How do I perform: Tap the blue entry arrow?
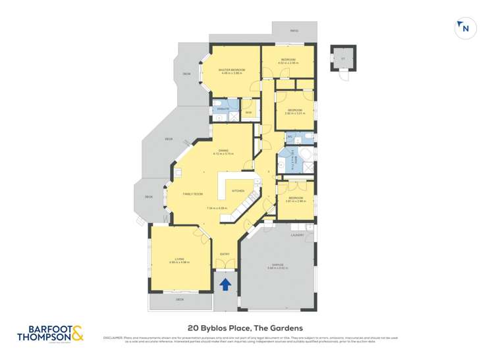(x=225, y=284)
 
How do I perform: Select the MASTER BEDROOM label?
(x=232, y=69)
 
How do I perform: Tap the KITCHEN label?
(x=236, y=190)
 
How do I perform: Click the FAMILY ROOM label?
(x=192, y=194)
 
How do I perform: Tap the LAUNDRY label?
(x=296, y=234)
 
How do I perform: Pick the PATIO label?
(x=294, y=30)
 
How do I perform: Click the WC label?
(x=290, y=136)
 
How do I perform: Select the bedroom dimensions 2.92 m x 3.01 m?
(x=293, y=114)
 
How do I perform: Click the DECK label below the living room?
(x=179, y=300)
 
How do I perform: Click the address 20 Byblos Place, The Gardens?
(x=244, y=327)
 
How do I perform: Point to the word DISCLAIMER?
(x=111, y=338)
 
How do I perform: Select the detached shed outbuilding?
(x=343, y=59)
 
